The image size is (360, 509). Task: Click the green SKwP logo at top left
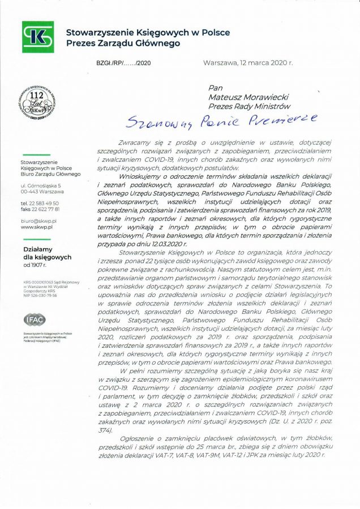point(37,36)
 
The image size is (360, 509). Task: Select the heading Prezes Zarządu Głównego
point(123,42)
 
